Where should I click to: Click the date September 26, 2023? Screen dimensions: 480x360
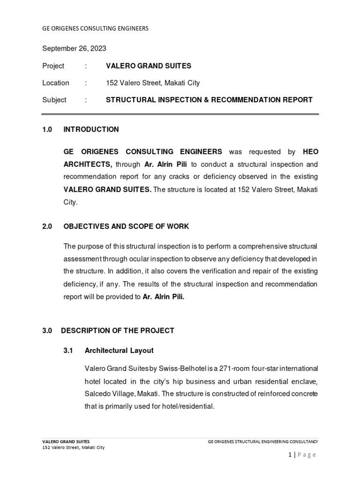click(x=74, y=48)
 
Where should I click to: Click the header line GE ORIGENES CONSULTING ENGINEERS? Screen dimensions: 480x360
click(x=95, y=28)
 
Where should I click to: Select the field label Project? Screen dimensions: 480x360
click(x=53, y=66)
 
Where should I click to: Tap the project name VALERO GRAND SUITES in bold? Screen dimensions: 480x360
click(x=149, y=66)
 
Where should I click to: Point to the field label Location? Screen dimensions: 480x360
click(x=55, y=83)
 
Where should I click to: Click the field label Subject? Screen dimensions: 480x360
click(x=54, y=100)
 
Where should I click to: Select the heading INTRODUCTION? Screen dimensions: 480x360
click(x=91, y=129)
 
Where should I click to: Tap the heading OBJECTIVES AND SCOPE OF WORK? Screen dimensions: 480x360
click(x=126, y=226)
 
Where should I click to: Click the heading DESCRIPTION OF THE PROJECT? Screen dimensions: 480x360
click(x=118, y=330)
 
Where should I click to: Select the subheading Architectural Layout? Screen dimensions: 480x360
click(x=119, y=351)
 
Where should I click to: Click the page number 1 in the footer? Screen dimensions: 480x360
click(x=290, y=455)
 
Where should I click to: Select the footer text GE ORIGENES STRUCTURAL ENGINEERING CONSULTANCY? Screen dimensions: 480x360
click(x=263, y=442)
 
